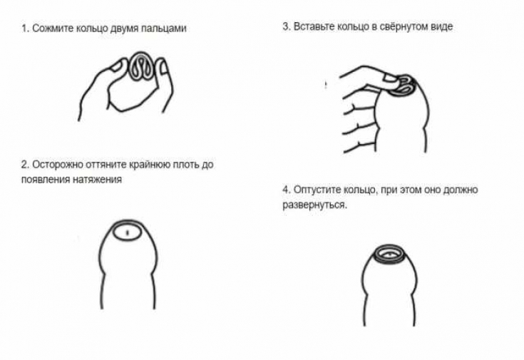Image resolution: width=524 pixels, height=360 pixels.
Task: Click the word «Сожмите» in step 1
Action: click(x=53, y=28)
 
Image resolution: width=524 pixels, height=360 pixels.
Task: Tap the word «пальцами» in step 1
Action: click(x=164, y=29)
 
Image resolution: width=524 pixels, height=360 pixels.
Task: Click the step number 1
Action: click(x=25, y=28)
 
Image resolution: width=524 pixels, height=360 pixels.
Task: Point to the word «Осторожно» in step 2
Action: click(x=58, y=165)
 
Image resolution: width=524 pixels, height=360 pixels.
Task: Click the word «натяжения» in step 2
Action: click(x=97, y=180)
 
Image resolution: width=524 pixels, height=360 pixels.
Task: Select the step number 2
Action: click(x=25, y=165)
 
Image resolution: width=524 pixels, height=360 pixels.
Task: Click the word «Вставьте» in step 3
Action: click(x=314, y=26)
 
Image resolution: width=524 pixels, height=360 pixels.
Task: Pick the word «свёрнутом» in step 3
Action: click(x=404, y=26)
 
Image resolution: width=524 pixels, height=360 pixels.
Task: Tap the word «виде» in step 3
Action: click(x=441, y=26)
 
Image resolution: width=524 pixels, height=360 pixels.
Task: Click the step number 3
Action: click(x=287, y=26)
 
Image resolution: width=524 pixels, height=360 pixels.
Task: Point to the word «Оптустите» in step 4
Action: click(x=318, y=190)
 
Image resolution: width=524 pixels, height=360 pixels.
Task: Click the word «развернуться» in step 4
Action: click(x=314, y=205)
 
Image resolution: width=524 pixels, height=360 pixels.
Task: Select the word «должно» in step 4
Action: click(x=460, y=190)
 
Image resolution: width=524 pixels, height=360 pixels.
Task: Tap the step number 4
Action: click(x=287, y=190)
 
